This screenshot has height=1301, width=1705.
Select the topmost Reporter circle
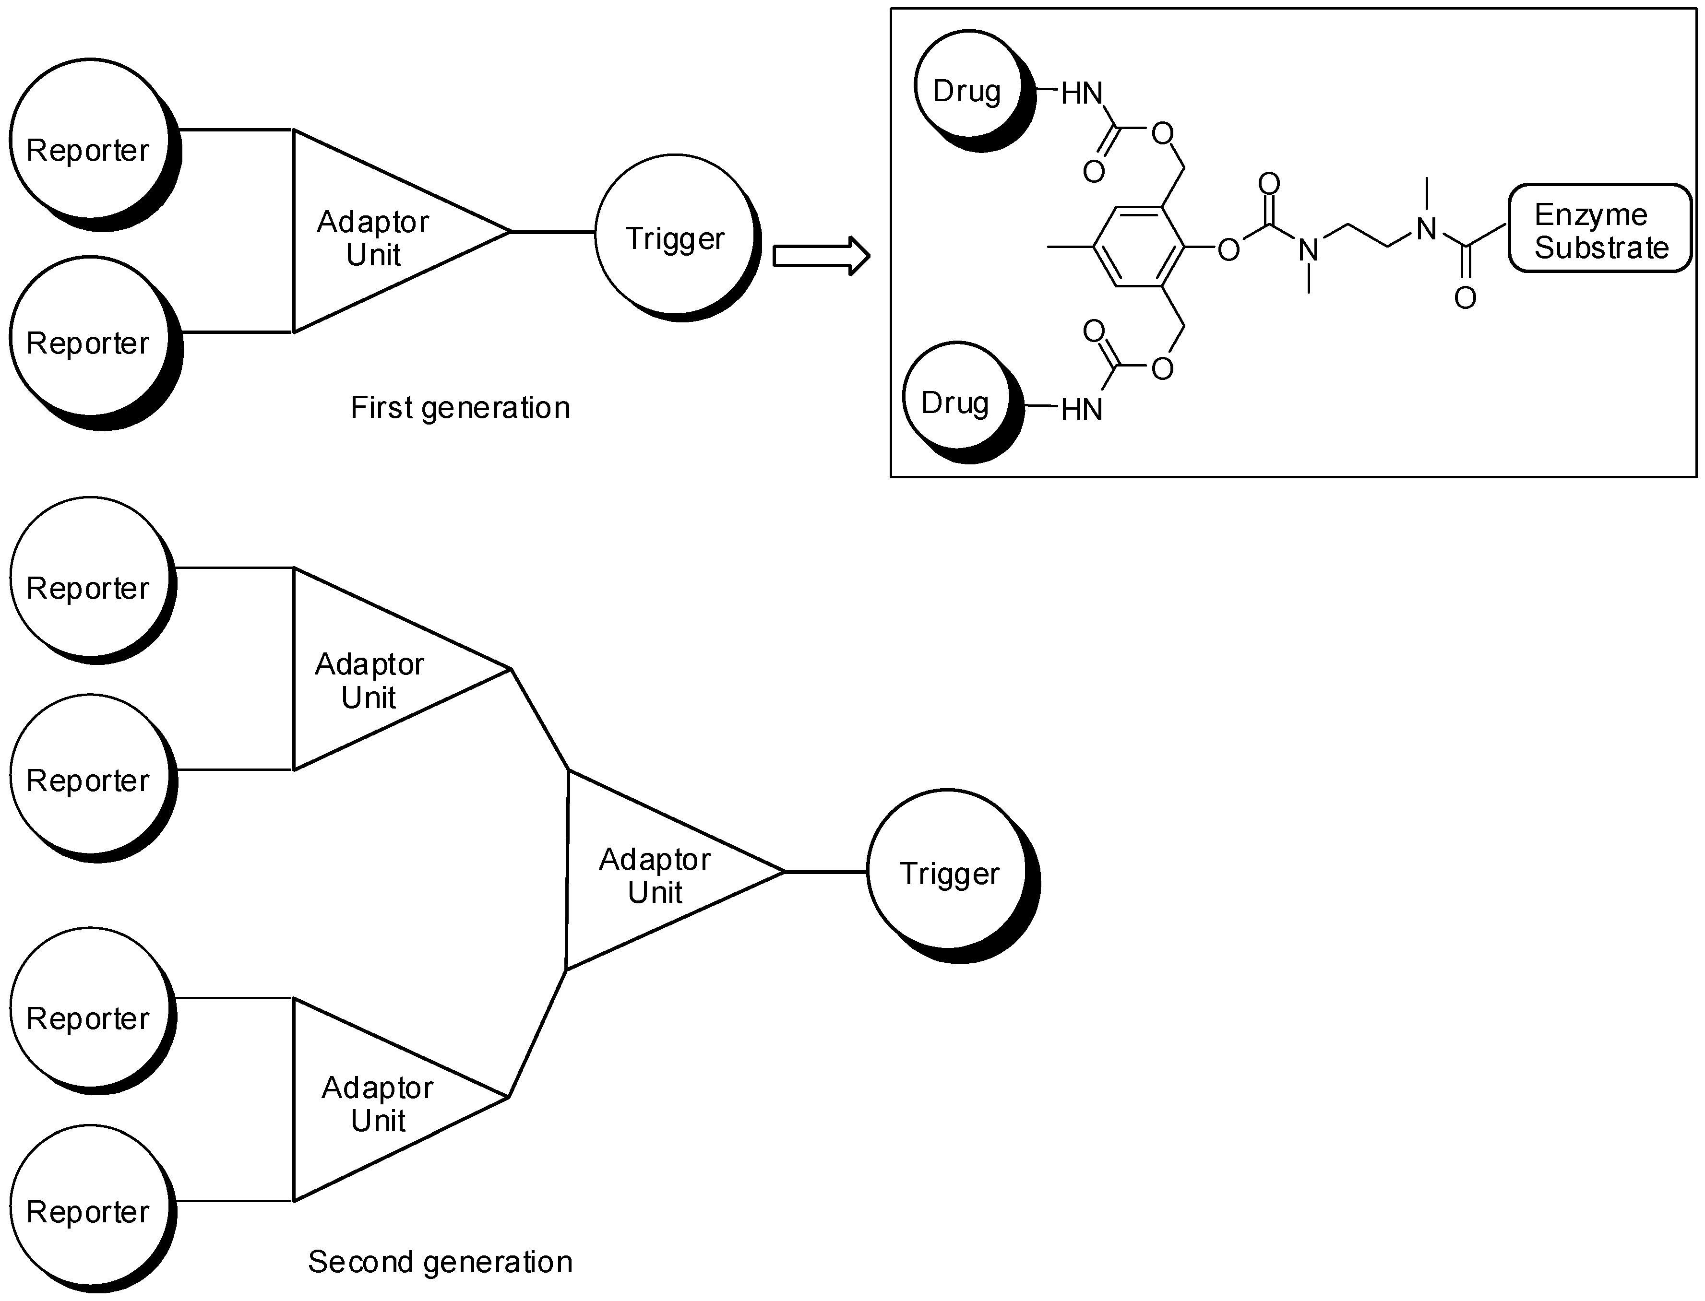pyautogui.click(x=90, y=140)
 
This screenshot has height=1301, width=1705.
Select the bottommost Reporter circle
pyautogui.click(x=90, y=1207)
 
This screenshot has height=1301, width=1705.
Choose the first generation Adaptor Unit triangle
pyautogui.click(x=372, y=232)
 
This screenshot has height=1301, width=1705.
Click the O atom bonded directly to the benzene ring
pyautogui.click(x=1228, y=250)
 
